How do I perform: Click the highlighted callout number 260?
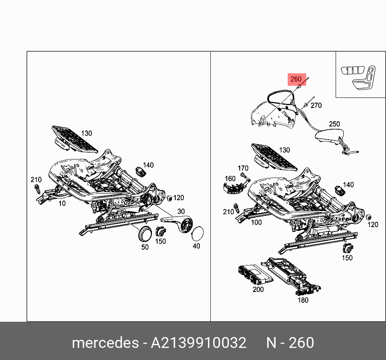[x=296, y=79]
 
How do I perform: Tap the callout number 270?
[x=316, y=106]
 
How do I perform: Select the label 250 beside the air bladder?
[x=334, y=124]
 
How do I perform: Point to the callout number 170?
[x=243, y=168]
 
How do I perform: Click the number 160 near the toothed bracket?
[x=230, y=178]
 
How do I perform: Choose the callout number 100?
[x=256, y=222]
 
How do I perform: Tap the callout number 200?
[x=258, y=289]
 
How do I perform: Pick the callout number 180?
[x=303, y=300]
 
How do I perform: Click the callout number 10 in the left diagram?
[x=62, y=204]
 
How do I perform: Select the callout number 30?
[x=181, y=211]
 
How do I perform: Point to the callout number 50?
[x=145, y=247]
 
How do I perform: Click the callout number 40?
[x=196, y=246]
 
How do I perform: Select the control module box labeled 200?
[x=253, y=274]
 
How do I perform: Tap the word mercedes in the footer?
[x=104, y=343]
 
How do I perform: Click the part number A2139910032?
[x=198, y=343]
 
